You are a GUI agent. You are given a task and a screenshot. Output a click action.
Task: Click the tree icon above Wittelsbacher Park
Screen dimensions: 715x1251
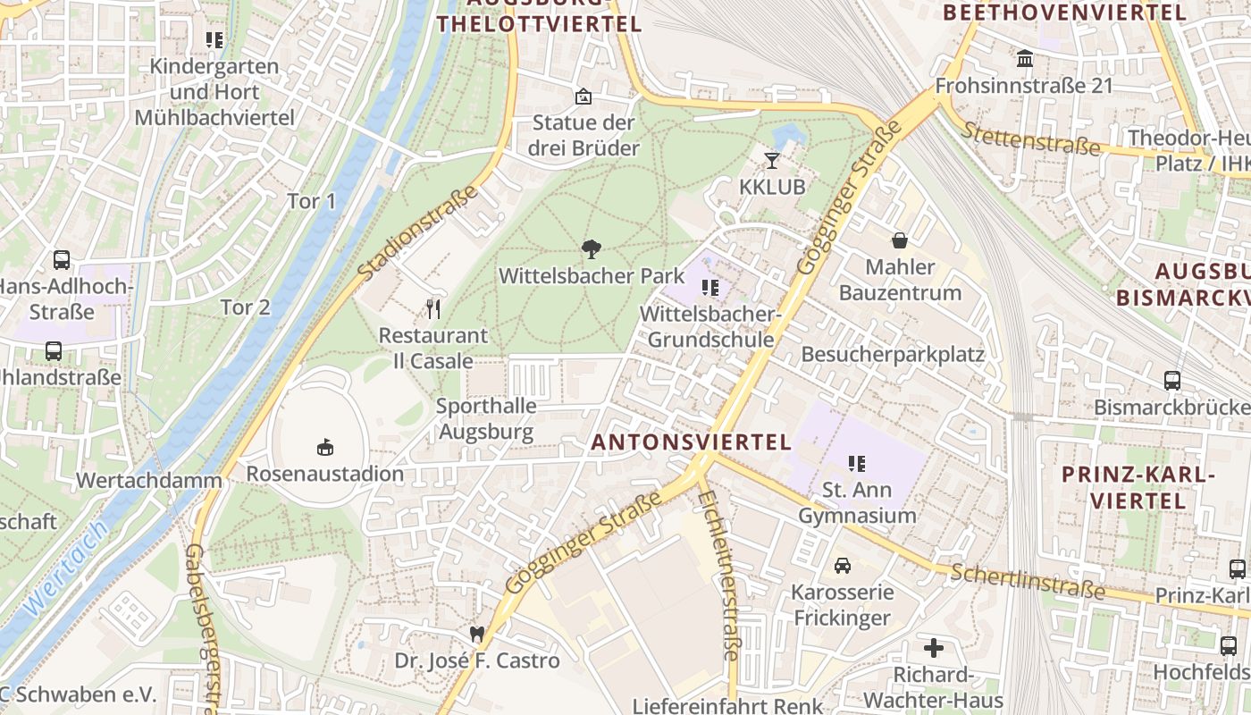(x=591, y=248)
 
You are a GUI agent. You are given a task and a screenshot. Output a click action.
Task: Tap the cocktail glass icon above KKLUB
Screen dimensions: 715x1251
(x=772, y=161)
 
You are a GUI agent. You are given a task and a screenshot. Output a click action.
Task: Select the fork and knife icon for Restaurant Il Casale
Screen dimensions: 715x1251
(x=433, y=309)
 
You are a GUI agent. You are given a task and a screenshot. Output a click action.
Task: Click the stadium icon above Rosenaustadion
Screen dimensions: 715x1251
(x=324, y=446)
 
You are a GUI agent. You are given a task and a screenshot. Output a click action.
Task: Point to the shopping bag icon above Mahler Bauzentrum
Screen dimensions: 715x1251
(x=899, y=240)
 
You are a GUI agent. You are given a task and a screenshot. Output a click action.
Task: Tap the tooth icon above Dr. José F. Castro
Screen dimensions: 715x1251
(x=477, y=634)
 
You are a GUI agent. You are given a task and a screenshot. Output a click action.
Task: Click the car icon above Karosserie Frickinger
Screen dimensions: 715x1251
(x=842, y=566)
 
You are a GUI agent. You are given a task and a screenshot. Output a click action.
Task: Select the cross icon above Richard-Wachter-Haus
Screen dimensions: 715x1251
(x=934, y=647)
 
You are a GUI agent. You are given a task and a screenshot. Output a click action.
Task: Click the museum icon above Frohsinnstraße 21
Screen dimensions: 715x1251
(x=1024, y=59)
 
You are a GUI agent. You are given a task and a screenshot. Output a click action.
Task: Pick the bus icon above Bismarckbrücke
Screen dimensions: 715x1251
(x=1171, y=381)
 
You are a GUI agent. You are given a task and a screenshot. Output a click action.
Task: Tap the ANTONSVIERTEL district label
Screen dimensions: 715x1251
(x=692, y=442)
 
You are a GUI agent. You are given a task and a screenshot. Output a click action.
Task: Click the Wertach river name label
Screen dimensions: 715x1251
(x=66, y=568)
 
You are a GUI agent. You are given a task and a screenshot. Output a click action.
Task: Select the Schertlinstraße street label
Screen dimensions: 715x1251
(x=1027, y=582)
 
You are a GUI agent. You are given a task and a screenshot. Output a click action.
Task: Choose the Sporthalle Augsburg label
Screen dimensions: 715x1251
(x=486, y=419)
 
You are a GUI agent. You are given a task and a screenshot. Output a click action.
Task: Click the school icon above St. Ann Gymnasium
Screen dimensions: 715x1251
(x=857, y=464)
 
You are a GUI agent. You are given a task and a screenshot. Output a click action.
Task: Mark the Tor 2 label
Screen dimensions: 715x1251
(x=245, y=307)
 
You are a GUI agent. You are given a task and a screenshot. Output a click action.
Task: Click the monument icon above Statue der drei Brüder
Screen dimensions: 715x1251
(x=584, y=97)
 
